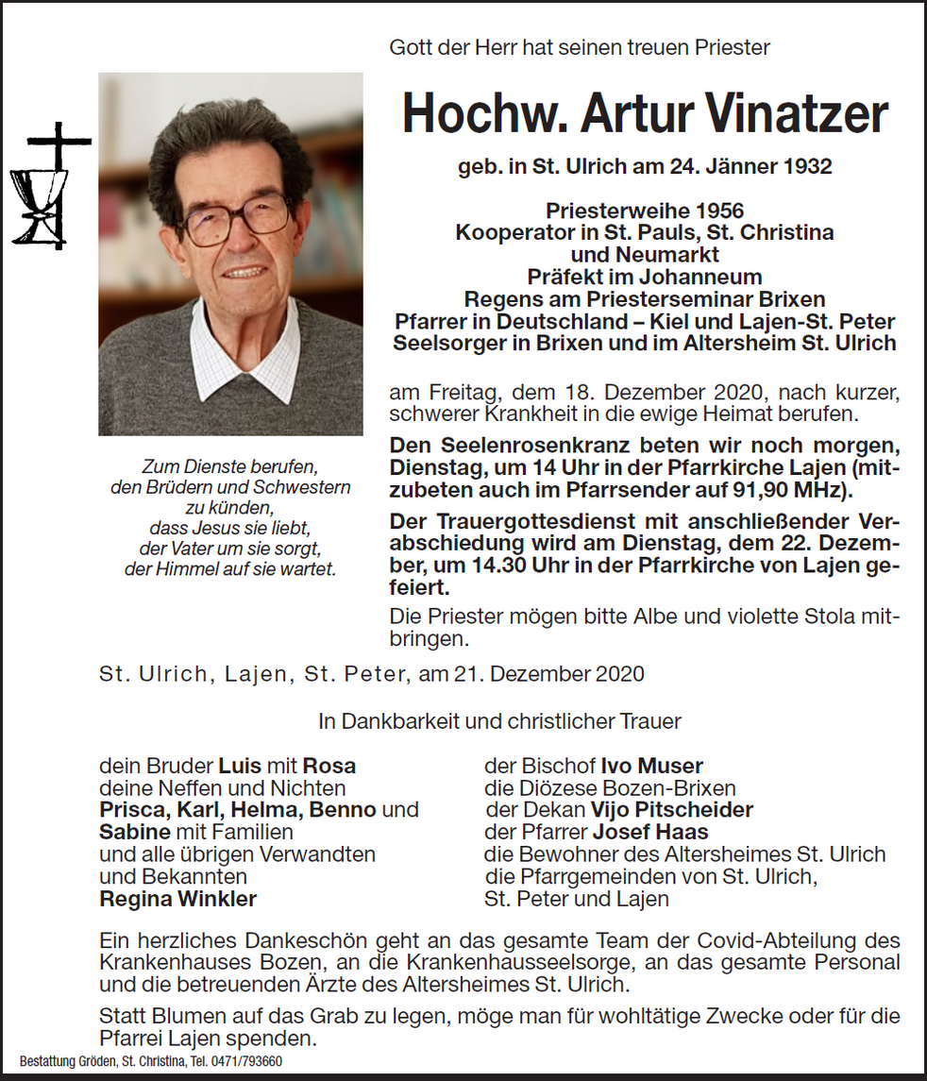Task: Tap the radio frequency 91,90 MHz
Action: pos(801,490)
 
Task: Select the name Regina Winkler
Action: pos(177,899)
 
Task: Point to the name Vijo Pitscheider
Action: pos(671,810)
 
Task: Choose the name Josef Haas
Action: pos(650,832)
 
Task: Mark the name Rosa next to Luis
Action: pos(329,766)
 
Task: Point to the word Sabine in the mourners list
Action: pos(135,832)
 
